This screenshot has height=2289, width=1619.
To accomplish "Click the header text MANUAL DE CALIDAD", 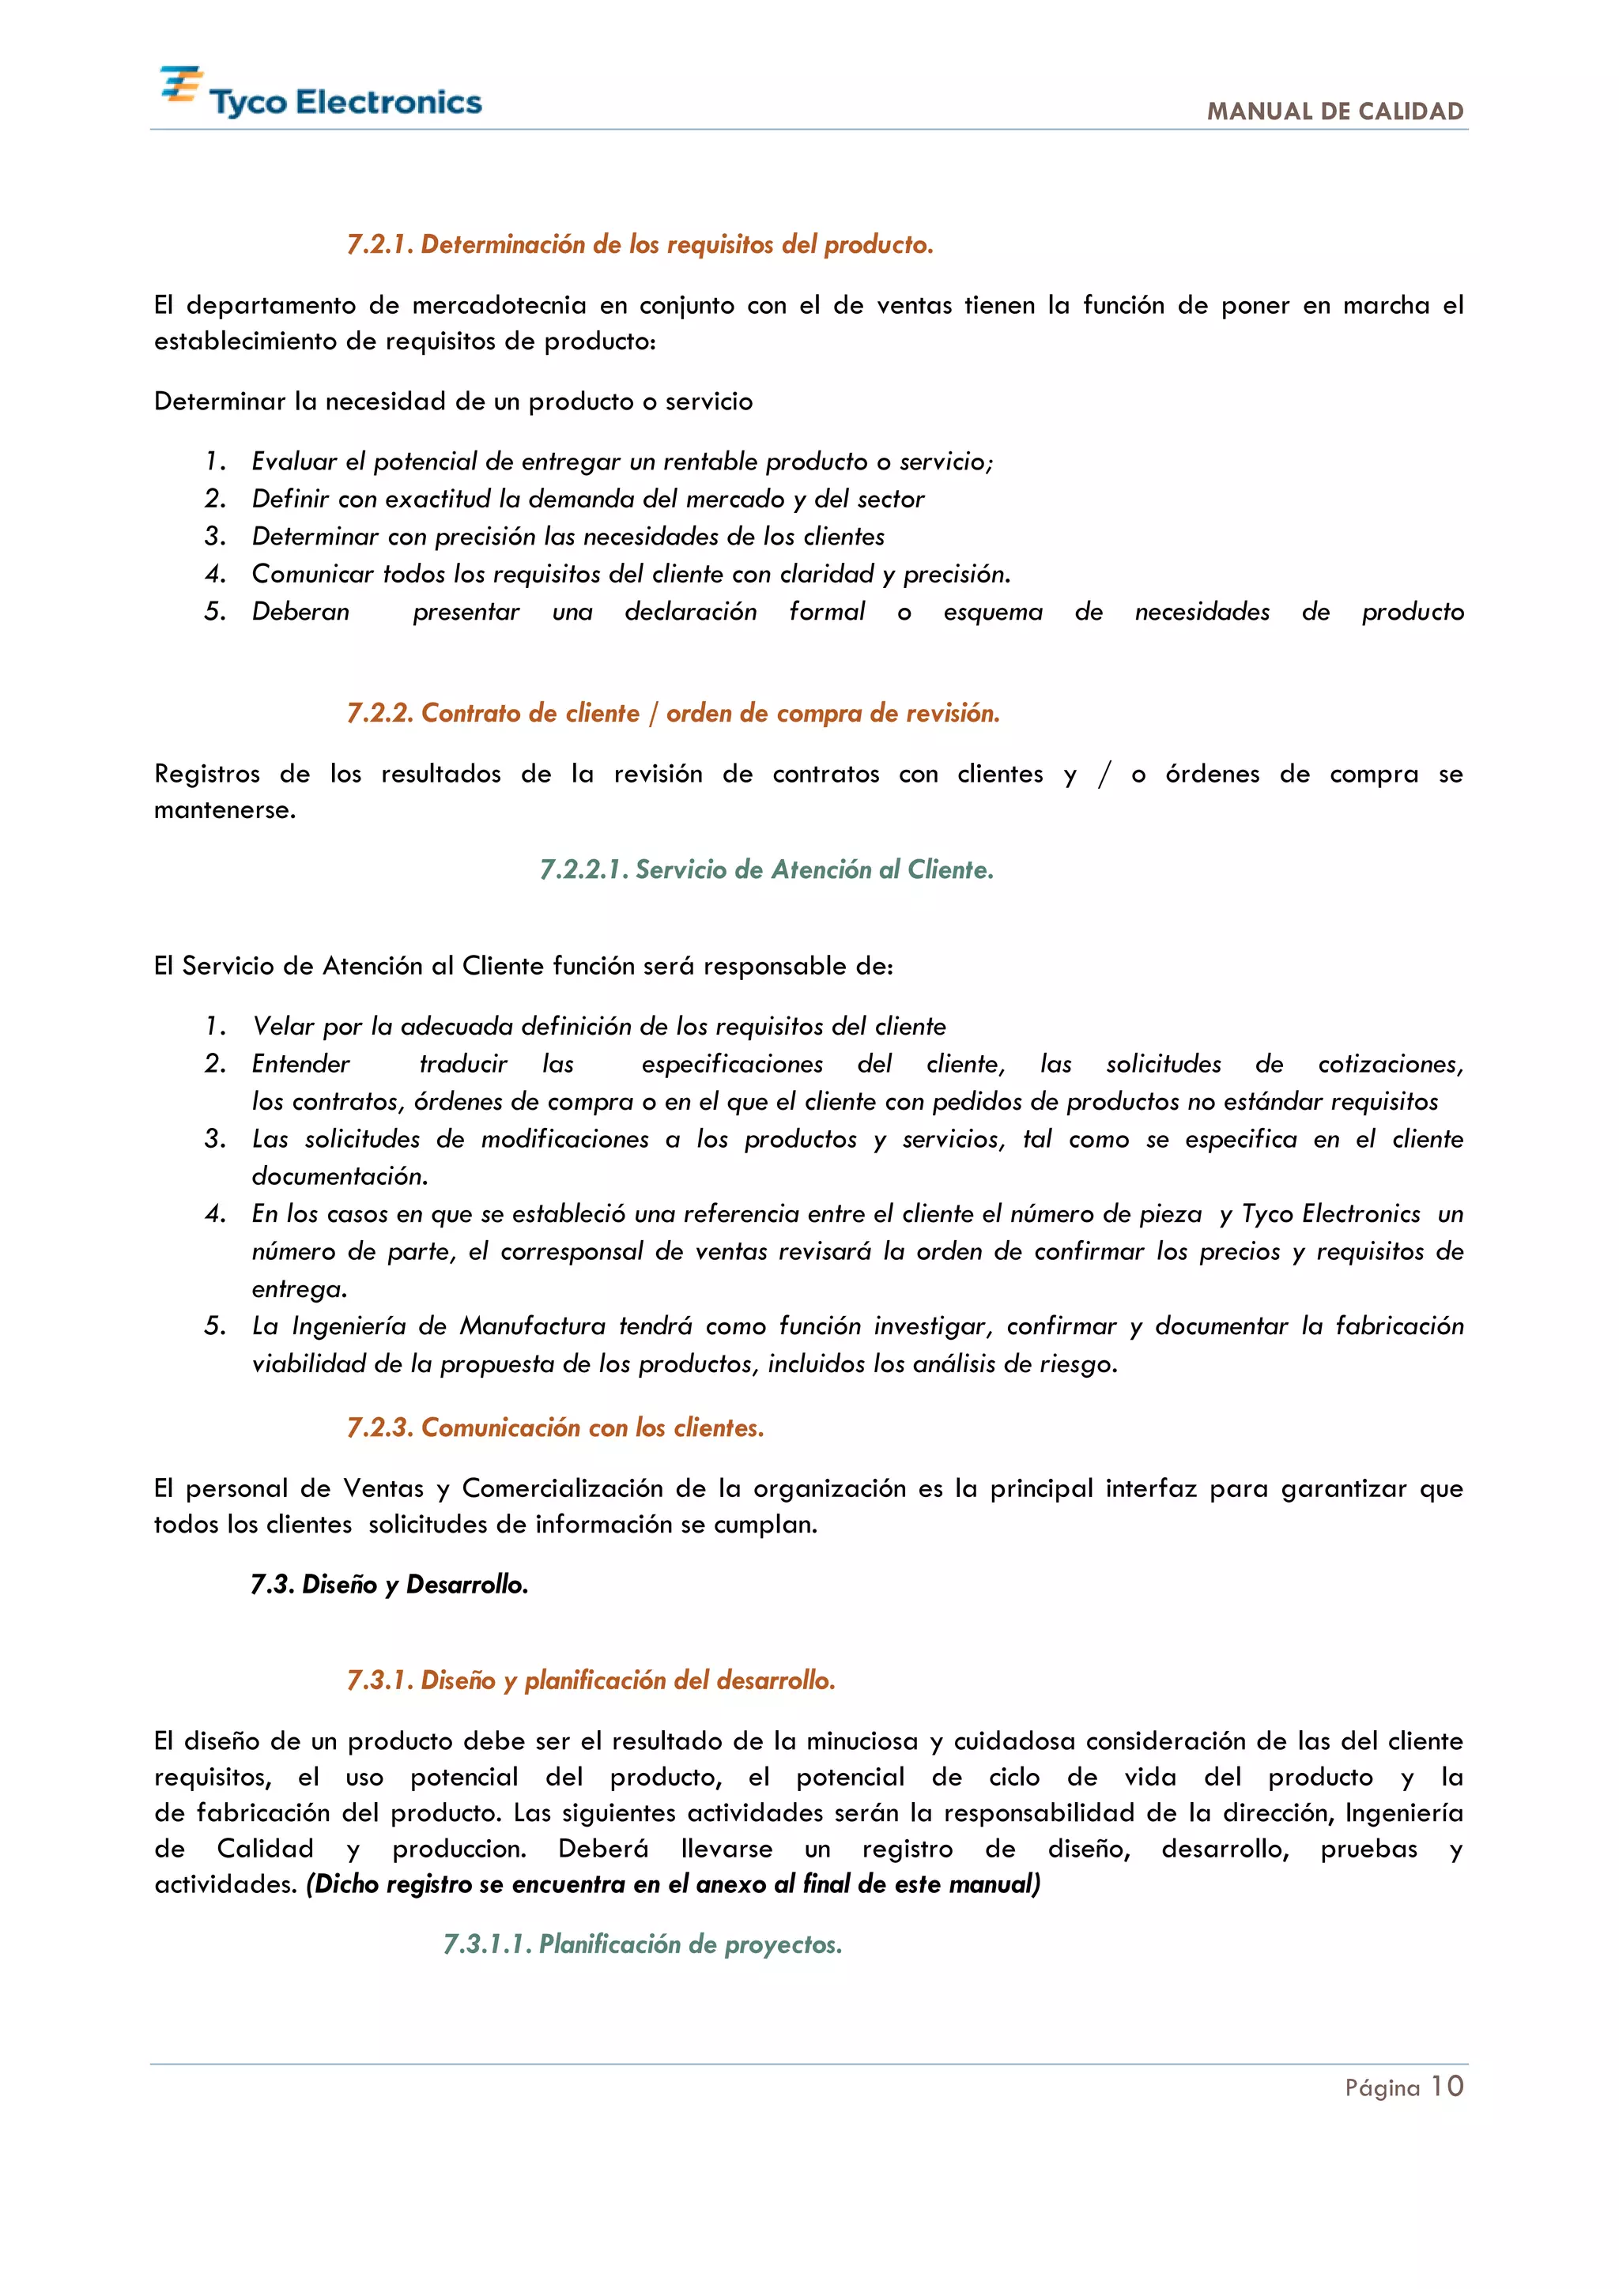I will coord(1335,111).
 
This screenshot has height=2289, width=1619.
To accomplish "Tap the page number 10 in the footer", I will coord(1447,2087).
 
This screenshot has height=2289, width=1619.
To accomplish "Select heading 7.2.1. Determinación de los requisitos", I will coord(640,244).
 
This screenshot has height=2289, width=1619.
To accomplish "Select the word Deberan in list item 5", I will coord(300,612).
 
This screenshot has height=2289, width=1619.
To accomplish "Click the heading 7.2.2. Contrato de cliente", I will coord(673,713).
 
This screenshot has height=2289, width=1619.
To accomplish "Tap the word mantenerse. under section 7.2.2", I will coord(225,809).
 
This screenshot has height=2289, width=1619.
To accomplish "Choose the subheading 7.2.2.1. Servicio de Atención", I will coord(767,869).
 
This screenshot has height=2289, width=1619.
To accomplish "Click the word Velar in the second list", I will coord(283,1026).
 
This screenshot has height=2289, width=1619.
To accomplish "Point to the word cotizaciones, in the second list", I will coord(1390,1064).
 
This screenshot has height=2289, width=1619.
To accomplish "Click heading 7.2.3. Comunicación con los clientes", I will coord(555,1427).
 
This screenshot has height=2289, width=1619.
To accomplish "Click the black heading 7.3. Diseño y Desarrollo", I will coord(389,1584).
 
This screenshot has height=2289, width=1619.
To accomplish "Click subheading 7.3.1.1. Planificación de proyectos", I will coord(643,1944).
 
